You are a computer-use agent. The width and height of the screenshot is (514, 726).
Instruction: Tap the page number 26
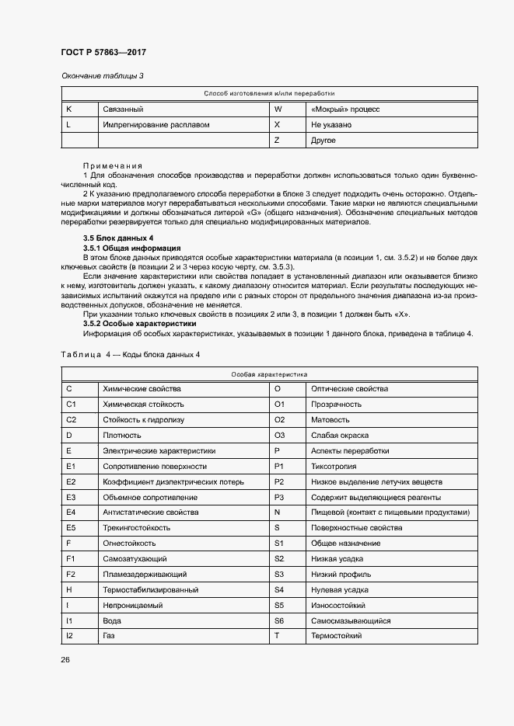(65, 660)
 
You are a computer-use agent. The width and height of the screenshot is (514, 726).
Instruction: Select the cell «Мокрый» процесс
(344, 109)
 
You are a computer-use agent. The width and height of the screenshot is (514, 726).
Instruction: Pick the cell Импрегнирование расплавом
(156, 125)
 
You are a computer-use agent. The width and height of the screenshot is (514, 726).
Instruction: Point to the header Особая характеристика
(270, 373)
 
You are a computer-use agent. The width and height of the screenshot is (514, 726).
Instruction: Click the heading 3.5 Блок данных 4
(118, 237)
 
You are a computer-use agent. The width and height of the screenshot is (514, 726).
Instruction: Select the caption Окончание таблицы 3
(103, 75)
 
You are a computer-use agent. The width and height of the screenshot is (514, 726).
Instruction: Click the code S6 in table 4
(280, 621)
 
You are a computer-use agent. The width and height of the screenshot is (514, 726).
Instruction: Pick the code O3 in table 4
(280, 435)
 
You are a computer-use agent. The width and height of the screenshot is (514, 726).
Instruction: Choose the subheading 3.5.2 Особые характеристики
(139, 324)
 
